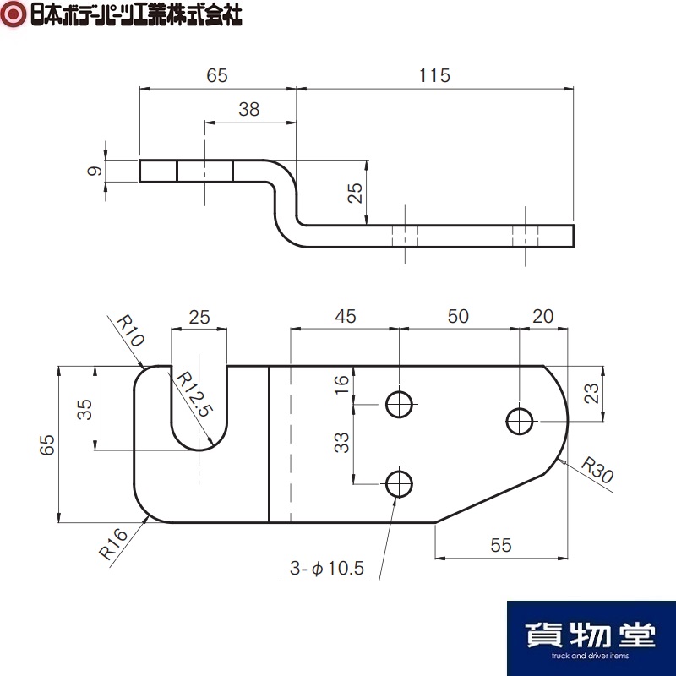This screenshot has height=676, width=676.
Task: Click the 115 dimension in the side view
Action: point(434,75)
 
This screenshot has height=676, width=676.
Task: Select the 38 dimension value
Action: point(249,110)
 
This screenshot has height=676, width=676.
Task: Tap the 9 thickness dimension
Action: point(95,171)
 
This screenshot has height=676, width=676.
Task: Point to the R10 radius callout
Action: point(130,331)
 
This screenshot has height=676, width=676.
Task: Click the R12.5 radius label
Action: point(194,394)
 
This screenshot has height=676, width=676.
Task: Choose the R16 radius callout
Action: point(113,543)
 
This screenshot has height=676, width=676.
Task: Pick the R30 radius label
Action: point(597,470)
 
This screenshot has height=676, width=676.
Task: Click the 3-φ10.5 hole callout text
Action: point(327,568)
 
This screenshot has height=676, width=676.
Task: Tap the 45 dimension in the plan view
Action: point(346,316)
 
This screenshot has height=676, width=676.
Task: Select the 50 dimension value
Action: point(458,316)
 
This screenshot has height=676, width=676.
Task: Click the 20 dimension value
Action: point(542,316)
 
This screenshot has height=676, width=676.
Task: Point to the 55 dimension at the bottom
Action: point(501,545)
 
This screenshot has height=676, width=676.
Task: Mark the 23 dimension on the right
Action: point(591,393)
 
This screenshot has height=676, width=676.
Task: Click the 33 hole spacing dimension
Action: point(342,443)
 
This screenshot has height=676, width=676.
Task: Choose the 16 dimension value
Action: point(341,384)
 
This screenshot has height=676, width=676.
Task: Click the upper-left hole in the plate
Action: point(399,405)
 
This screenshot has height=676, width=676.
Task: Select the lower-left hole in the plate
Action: point(399,484)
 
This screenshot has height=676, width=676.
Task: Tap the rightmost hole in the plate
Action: point(520,421)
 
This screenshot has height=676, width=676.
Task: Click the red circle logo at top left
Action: point(14,14)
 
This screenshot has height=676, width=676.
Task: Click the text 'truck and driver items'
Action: point(590,656)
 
